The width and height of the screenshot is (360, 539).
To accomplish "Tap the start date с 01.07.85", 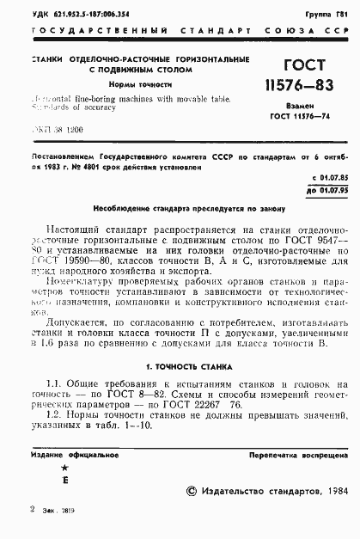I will tap(331, 175).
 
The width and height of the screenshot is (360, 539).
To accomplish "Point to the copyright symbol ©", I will tap(192, 490).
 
